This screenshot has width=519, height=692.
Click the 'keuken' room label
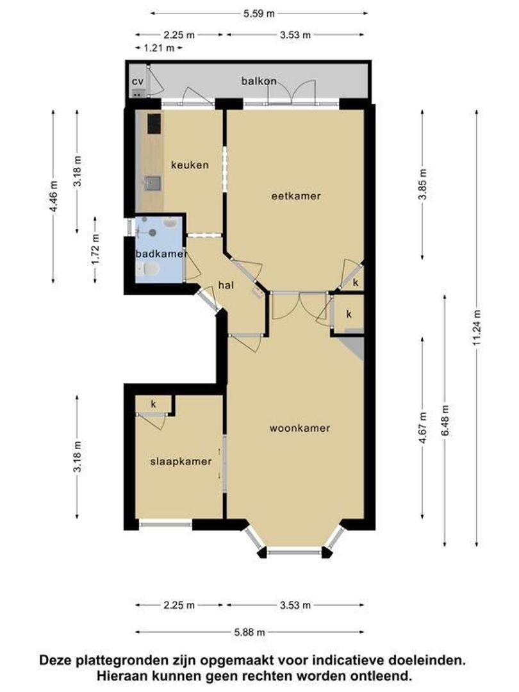[190, 165]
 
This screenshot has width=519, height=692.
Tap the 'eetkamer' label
[296, 196]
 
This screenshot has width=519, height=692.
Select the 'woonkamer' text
[300, 428]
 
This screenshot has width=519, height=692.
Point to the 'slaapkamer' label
[181, 461]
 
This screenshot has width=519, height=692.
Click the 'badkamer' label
[161, 254]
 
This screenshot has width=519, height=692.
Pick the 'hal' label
[226, 285]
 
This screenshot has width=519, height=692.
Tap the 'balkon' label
[259, 81]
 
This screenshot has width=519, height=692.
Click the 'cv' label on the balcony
[138, 81]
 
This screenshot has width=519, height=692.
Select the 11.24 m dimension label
[477, 328]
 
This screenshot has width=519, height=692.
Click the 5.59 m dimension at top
[259, 13]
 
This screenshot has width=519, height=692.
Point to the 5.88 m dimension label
[250, 632]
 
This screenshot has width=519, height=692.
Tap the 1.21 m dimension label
[159, 47]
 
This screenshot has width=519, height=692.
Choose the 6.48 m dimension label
[445, 420]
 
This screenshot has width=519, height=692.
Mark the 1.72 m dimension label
[95, 249]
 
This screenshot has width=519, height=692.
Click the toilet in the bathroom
[148, 268]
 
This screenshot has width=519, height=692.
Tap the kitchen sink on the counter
[152, 183]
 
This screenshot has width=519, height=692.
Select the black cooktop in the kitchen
[154, 124]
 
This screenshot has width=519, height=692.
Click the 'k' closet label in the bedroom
[154, 404]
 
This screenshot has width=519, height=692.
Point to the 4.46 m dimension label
[53, 197]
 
